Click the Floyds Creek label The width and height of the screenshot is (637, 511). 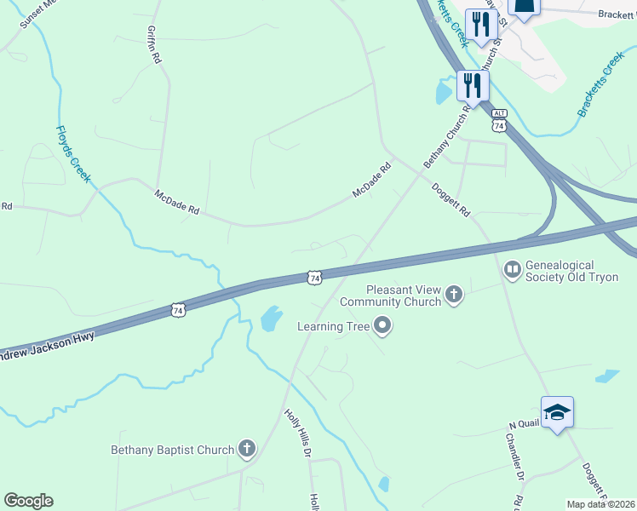pos(73,154)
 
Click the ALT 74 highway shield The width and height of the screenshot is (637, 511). pos(499,120)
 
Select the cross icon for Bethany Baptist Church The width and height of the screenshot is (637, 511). pos(247,449)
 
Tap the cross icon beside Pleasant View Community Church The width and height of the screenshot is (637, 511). pos(455,296)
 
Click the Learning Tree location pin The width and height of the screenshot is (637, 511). pos(382,325)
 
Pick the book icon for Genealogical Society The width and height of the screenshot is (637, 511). pos(512,271)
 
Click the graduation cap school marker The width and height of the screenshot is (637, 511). pos(557,412)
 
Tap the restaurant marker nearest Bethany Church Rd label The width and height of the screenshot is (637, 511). pos(473,85)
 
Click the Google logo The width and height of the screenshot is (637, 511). pos(28,501)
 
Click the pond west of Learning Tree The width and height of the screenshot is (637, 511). pos(271,319)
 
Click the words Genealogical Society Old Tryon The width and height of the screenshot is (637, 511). pos(571,272)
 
